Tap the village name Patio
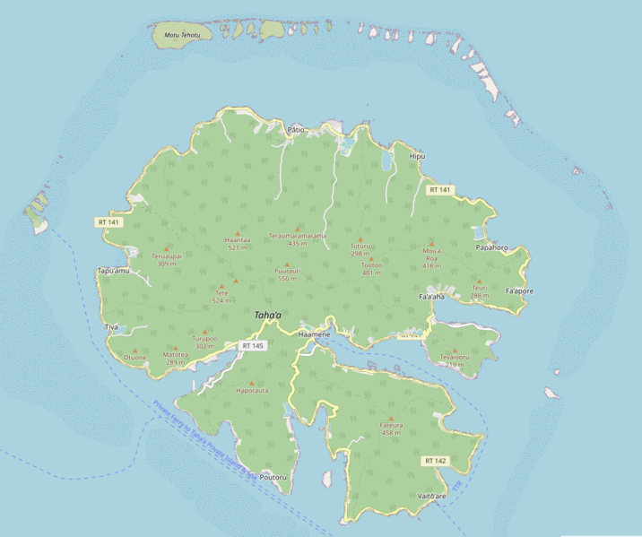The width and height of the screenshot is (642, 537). [296, 130]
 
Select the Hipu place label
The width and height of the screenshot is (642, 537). [417, 156]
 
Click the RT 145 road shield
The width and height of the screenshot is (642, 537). [253, 345]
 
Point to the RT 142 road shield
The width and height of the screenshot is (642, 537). [436, 461]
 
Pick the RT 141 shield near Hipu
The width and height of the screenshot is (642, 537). [439, 190]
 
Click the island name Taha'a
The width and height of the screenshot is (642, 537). [267, 316]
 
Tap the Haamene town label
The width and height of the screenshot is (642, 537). [314, 333]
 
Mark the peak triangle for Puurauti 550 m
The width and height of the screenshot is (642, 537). [287, 264]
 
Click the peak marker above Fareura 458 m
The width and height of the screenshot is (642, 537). [391, 419]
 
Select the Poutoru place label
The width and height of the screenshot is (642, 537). [273, 478]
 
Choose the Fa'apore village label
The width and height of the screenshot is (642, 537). [519, 291]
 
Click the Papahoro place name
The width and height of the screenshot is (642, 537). [492, 247]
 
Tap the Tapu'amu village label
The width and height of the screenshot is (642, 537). [114, 270]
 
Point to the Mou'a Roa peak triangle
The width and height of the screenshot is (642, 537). [431, 243]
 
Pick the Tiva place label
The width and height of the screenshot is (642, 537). [111, 327]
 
